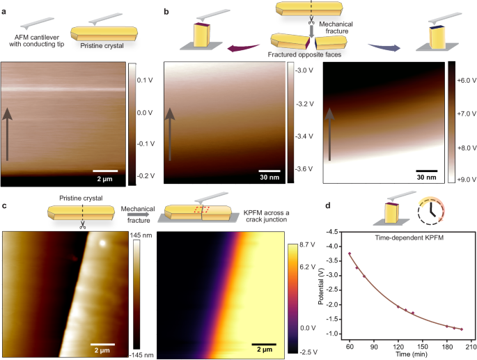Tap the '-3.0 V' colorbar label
click(304, 70)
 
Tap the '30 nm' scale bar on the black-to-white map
click(427, 170)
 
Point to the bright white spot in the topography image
click(103, 244)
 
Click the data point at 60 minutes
click(350, 254)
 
